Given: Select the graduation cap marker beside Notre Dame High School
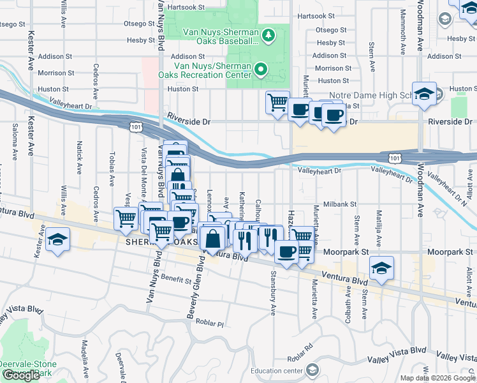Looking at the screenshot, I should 424,94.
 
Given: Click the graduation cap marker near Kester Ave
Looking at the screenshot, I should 57,240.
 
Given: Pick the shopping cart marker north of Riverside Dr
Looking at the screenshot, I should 277,102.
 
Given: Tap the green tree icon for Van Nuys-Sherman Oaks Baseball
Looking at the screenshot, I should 268,33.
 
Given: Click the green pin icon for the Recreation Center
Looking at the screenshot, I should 260,68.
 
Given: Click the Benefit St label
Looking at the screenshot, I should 176,279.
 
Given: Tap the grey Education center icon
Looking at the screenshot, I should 312,370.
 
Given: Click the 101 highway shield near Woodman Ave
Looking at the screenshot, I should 395,156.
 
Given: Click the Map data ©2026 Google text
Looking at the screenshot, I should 437,378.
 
